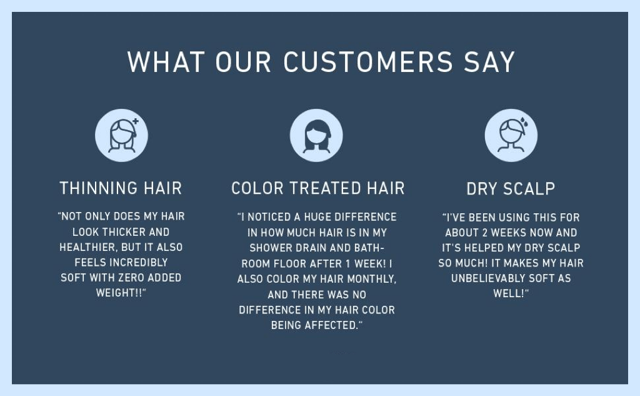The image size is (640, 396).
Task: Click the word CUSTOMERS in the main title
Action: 367,62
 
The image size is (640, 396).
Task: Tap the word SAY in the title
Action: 489,62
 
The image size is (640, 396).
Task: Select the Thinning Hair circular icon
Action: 122,135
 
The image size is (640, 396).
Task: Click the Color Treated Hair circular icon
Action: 316,135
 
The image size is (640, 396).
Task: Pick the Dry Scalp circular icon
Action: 511,135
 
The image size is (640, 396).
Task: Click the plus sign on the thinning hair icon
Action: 136,121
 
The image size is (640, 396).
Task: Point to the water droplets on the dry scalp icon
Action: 524,121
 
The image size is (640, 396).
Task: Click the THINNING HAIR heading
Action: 121,188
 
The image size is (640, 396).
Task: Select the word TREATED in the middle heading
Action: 325,188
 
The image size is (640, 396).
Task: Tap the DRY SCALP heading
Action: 511,188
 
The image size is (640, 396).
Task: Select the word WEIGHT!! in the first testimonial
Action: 119,293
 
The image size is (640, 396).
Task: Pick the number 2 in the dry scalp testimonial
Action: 485,232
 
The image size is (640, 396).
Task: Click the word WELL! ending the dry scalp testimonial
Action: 509,293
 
